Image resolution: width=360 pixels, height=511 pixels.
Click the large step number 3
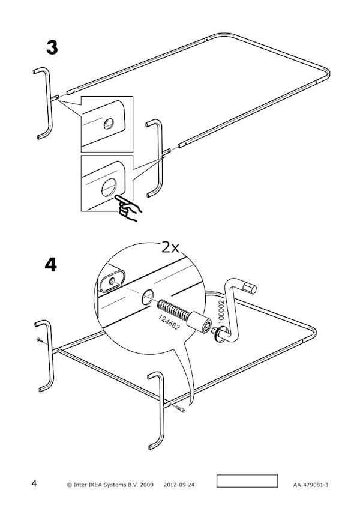[52, 47]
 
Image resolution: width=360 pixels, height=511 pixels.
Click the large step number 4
[51, 265]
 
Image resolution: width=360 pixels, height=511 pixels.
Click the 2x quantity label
[170, 248]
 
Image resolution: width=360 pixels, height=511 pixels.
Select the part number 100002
[221, 312]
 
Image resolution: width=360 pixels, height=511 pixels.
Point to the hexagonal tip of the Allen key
[251, 288]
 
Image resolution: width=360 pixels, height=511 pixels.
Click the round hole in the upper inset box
[109, 124]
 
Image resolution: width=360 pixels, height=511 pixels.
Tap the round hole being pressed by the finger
[109, 188]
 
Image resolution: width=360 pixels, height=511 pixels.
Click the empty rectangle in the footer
[247, 481]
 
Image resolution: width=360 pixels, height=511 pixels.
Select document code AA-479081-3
[311, 485]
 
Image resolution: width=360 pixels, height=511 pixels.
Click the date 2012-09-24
[179, 485]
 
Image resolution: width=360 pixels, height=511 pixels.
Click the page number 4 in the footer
[34, 483]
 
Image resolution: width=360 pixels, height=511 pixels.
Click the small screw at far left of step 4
[40, 340]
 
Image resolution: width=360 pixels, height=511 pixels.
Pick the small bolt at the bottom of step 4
[179, 407]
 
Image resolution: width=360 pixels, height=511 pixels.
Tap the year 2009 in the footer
[147, 485]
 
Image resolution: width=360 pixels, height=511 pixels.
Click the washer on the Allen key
[218, 336]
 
